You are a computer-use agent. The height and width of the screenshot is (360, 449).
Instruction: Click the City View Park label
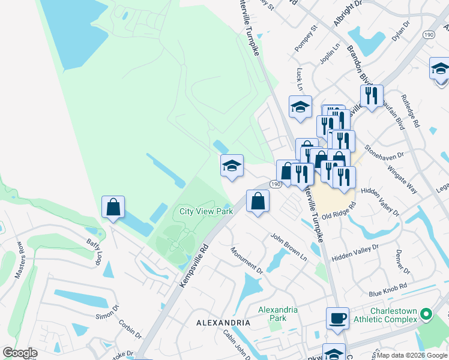pyautogui.click(x=206, y=211)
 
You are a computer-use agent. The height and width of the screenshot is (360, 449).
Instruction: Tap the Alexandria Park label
pyautogui.click(x=277, y=314)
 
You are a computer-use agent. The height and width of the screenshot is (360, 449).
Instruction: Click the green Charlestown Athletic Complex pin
pyautogui.click(x=426, y=314)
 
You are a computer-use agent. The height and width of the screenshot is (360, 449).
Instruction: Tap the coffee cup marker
pyautogui.click(x=337, y=318)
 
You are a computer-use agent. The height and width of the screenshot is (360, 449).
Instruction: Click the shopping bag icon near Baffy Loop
pyautogui.click(x=113, y=207)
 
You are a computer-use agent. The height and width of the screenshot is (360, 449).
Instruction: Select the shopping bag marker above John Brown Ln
pyautogui.click(x=258, y=201)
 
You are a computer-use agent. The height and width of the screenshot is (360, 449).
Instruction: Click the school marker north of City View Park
pyautogui.click(x=232, y=166)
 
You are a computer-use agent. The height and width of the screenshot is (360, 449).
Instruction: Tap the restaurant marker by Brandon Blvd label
pyautogui.click(x=372, y=95)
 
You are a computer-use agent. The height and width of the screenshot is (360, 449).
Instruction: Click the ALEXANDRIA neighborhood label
pyautogui.click(x=223, y=323)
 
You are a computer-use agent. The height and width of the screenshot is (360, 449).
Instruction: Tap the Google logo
pyautogui.click(x=20, y=352)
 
